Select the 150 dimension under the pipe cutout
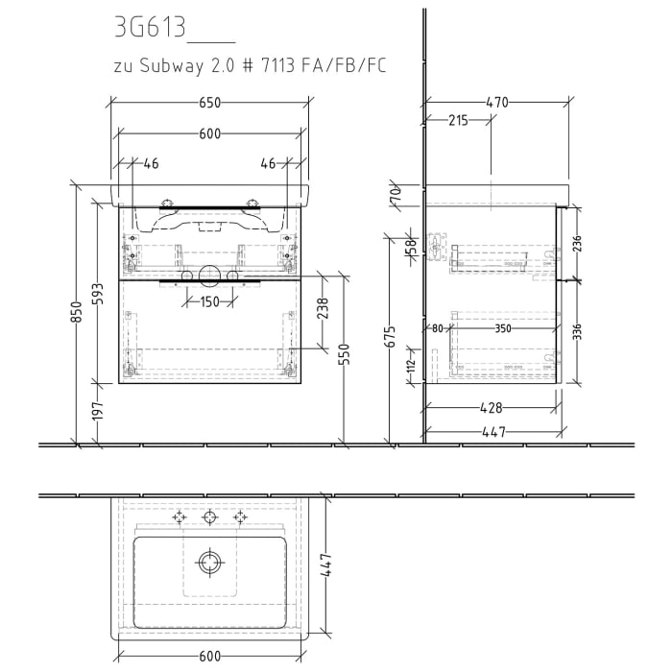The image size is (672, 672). [x=210, y=302]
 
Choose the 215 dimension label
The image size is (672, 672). [x=458, y=120]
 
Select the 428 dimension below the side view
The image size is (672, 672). [x=490, y=408]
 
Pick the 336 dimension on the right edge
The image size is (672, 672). [x=575, y=331]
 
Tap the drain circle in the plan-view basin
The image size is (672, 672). [x=209, y=561]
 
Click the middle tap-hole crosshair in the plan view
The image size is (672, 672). [x=209, y=517]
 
